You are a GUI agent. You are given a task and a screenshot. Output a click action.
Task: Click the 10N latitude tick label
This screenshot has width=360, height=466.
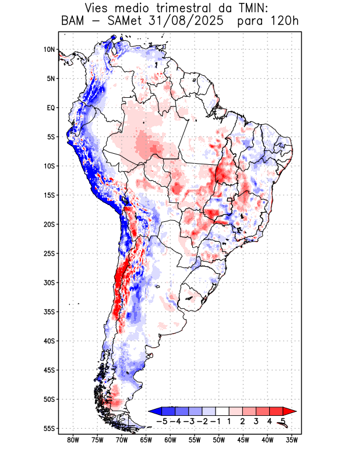[49, 50]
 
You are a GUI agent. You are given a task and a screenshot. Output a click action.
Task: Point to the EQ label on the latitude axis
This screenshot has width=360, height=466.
[50, 108]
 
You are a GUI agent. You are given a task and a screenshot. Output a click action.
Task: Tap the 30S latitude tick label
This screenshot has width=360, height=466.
[49, 283]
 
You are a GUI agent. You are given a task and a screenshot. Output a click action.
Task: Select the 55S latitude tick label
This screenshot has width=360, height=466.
[49, 429]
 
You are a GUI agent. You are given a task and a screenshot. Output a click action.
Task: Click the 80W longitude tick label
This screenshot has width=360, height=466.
[73, 440]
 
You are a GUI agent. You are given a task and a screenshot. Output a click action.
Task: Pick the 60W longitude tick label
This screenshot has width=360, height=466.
[170, 440]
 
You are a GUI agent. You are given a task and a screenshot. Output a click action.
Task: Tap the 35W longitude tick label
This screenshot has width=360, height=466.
[292, 440]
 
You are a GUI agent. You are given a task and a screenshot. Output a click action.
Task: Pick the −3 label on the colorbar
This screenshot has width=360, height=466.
[189, 421]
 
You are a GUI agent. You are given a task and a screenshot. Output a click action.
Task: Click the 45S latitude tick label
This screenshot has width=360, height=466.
[49, 370]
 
